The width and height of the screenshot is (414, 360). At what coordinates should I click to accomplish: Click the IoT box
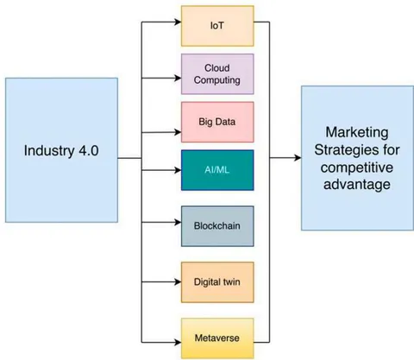tap(217, 26)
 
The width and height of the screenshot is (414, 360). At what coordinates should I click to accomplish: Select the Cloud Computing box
tap(217, 74)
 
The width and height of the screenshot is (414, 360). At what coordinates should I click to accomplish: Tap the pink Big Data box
tap(217, 122)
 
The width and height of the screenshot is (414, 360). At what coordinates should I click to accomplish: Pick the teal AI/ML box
tap(217, 170)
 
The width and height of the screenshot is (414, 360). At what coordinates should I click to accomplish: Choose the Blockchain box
tap(217, 226)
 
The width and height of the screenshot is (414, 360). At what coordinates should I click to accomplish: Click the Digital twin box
tap(217, 282)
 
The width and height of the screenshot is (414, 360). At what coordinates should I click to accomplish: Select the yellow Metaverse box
tap(217, 338)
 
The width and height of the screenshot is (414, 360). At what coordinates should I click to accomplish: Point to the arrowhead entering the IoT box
tap(178, 22)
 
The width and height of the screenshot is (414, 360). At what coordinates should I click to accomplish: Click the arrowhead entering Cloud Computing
tap(178, 78)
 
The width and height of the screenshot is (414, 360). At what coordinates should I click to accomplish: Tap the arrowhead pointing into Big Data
tap(178, 132)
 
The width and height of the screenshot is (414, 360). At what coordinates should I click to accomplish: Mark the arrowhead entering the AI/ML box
tap(178, 170)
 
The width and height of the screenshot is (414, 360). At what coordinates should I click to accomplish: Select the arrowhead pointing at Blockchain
tap(178, 222)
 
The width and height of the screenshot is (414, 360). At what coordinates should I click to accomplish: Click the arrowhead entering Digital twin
tap(178, 281)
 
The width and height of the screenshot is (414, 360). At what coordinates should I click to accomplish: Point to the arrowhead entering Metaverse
tap(178, 342)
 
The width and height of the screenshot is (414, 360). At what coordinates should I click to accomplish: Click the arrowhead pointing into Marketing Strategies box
tap(298, 158)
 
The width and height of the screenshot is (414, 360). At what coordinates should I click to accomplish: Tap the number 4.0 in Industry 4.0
tap(88, 151)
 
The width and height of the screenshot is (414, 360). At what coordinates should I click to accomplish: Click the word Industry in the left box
tap(49, 151)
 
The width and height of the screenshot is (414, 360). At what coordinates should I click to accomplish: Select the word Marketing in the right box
tap(357, 133)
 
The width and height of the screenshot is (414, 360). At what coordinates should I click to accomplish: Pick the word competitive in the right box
tap(357, 167)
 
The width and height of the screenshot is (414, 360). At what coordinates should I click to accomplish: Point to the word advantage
tap(357, 185)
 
